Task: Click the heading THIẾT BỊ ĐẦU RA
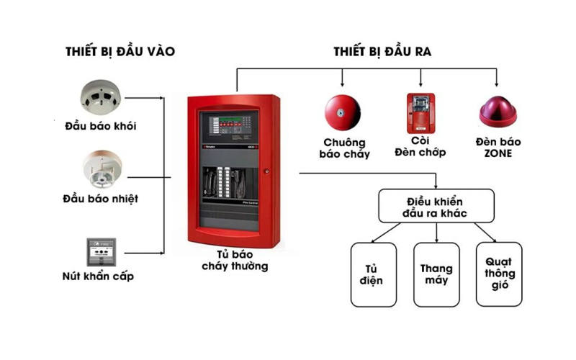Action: pyautogui.click(x=382, y=51)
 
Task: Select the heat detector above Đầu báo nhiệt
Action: pyautogui.click(x=100, y=167)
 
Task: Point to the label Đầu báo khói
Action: pyautogui.click(x=99, y=127)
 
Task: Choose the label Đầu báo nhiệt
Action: pyautogui.click(x=100, y=198)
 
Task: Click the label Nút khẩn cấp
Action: pyautogui.click(x=99, y=276)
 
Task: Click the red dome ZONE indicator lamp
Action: pyautogui.click(x=496, y=111)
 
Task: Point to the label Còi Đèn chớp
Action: pyautogui.click(x=420, y=146)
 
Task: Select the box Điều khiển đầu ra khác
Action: pyautogui.click(x=436, y=205)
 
